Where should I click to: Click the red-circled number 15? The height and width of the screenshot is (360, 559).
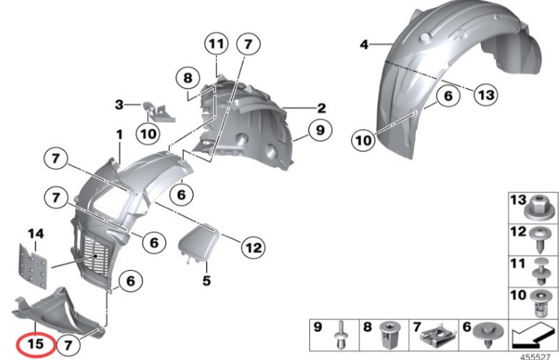36,344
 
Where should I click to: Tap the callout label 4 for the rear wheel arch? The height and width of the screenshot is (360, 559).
364,44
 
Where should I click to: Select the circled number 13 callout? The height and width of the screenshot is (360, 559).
486,94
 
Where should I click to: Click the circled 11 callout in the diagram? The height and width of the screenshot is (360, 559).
217,43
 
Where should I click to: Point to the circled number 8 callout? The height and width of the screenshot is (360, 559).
188,78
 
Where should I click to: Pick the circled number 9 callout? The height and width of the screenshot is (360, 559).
320,130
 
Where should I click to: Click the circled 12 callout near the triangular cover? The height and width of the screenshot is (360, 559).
254,247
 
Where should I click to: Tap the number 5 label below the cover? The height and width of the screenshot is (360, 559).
207,280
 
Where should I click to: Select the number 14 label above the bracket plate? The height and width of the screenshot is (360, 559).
36,234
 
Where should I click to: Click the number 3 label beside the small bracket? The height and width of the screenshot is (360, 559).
119,104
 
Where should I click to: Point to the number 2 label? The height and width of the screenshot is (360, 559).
321,108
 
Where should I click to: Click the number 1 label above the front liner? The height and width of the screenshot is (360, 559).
119,134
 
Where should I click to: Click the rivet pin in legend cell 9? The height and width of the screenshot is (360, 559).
341,334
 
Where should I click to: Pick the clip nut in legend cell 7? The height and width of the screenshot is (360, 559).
438,335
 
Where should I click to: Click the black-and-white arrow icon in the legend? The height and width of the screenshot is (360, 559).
533,335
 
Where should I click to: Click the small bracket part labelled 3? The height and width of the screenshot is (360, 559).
158,112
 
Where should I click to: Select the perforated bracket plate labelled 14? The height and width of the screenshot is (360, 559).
32,266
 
